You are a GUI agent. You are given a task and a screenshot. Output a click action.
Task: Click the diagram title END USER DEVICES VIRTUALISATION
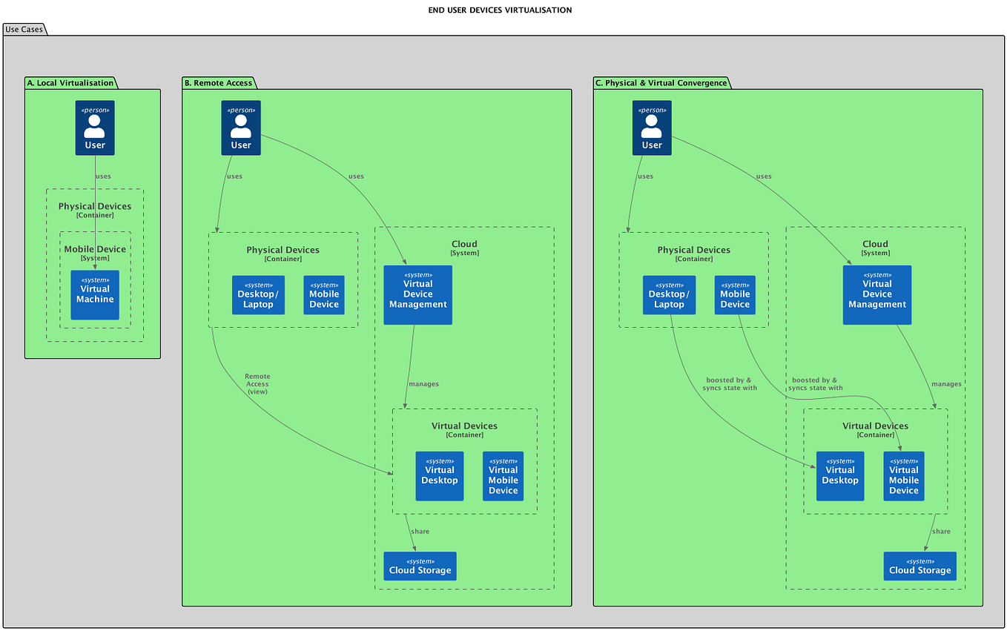click(x=500, y=10)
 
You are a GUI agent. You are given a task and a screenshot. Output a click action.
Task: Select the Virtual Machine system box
click(x=95, y=295)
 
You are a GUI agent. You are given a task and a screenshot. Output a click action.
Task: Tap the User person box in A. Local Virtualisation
click(x=95, y=128)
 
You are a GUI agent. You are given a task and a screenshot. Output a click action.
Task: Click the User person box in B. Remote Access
click(x=241, y=128)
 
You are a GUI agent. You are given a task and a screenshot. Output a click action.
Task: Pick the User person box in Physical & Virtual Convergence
click(x=652, y=128)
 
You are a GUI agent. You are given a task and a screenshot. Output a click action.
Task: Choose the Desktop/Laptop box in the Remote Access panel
click(x=258, y=295)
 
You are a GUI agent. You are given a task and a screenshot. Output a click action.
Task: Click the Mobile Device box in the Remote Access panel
click(x=324, y=295)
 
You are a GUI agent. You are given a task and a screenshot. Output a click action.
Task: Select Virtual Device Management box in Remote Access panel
click(x=417, y=295)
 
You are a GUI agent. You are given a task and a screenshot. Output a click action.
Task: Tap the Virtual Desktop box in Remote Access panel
click(x=440, y=476)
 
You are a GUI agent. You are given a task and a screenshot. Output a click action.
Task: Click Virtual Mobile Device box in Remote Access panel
click(x=503, y=476)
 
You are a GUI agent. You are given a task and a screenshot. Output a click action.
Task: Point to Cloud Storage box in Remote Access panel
click(x=420, y=566)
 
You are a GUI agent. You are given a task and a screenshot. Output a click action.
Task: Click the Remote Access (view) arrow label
click(x=257, y=384)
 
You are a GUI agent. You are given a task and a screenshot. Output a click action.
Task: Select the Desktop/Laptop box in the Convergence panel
click(x=669, y=295)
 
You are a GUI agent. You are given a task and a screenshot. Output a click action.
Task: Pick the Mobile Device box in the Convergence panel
click(x=735, y=295)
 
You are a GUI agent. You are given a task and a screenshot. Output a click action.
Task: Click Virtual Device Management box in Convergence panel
click(x=876, y=295)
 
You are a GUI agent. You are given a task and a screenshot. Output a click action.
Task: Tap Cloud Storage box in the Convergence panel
click(x=919, y=566)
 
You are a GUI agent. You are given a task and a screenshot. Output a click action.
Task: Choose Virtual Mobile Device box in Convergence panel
click(x=903, y=476)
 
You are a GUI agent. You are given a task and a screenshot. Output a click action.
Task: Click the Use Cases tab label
click(x=24, y=30)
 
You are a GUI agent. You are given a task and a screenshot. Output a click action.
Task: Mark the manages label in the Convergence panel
click(x=946, y=384)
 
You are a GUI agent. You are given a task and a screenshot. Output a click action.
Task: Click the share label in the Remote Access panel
click(x=420, y=532)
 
